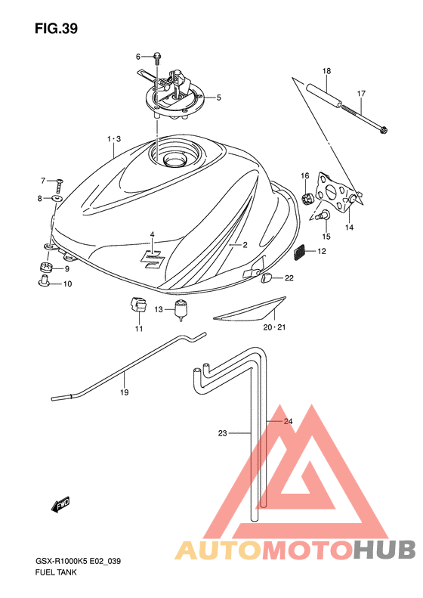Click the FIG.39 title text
[x=56, y=29]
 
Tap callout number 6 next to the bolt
[x=138, y=57]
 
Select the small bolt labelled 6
[x=157, y=58]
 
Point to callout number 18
[x=326, y=71]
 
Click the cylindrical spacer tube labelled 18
[x=324, y=96]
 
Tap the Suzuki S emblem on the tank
[x=152, y=262]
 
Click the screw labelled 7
[x=60, y=186]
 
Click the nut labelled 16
[x=306, y=198]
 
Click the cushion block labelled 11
[x=137, y=305]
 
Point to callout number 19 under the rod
[x=125, y=392]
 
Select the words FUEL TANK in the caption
[x=56, y=572]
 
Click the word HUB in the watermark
[x=384, y=550]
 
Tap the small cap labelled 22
[x=266, y=278]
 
